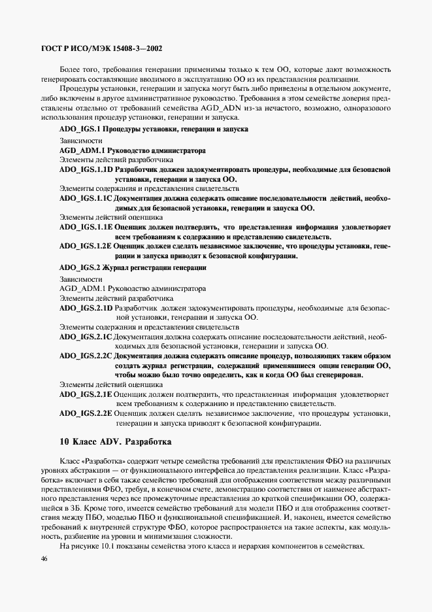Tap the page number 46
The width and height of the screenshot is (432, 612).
(x=43, y=558)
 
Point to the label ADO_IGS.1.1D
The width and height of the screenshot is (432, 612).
(x=86, y=169)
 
